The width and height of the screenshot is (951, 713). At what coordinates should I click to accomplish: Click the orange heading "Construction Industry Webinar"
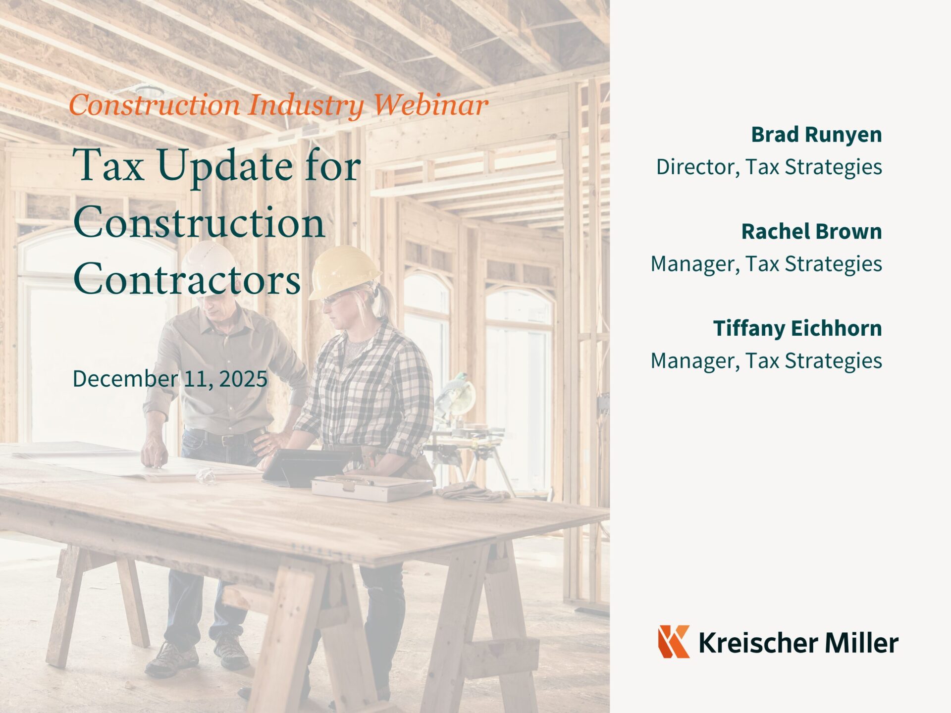278,105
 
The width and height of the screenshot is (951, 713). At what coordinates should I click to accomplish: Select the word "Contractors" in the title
187,278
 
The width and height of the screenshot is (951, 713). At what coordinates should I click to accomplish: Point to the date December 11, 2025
170,379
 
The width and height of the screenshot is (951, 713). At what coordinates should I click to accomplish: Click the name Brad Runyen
816,135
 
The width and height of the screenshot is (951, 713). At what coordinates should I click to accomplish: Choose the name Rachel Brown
811,232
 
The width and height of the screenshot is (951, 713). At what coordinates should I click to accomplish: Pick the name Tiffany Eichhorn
797,328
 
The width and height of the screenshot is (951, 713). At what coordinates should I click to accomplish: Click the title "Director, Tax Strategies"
769,167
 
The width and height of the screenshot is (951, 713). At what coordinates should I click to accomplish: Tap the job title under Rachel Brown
766,264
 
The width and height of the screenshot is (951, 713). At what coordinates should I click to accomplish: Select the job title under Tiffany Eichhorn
766,361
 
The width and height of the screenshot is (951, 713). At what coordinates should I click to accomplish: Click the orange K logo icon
674,641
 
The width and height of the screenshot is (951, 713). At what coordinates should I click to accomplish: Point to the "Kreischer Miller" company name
798,643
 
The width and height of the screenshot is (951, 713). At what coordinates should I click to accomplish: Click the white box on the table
371,487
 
